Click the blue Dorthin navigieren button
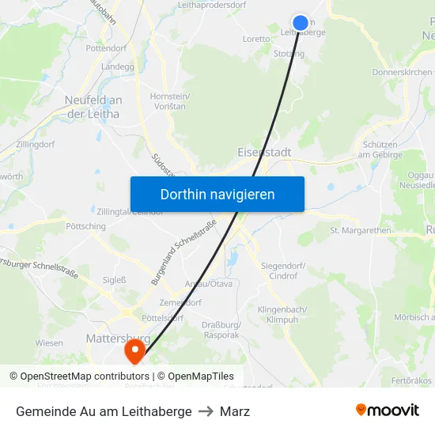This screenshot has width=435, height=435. pos(217,194)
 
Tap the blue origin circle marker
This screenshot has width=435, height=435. pos(301,23)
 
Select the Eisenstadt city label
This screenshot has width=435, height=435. pos(264,152)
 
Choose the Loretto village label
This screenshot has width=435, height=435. pos(256,39)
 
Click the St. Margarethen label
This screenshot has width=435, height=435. pos(361,231)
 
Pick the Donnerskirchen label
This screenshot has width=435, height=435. pos(403,72)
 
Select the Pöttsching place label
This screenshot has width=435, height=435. pos(86,226)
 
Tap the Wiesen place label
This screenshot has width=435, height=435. pos(49,343)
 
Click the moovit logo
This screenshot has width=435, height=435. pos(388,410)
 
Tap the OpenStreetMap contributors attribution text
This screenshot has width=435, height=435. pos(85,376)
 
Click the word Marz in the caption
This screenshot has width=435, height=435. pos(235,411)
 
